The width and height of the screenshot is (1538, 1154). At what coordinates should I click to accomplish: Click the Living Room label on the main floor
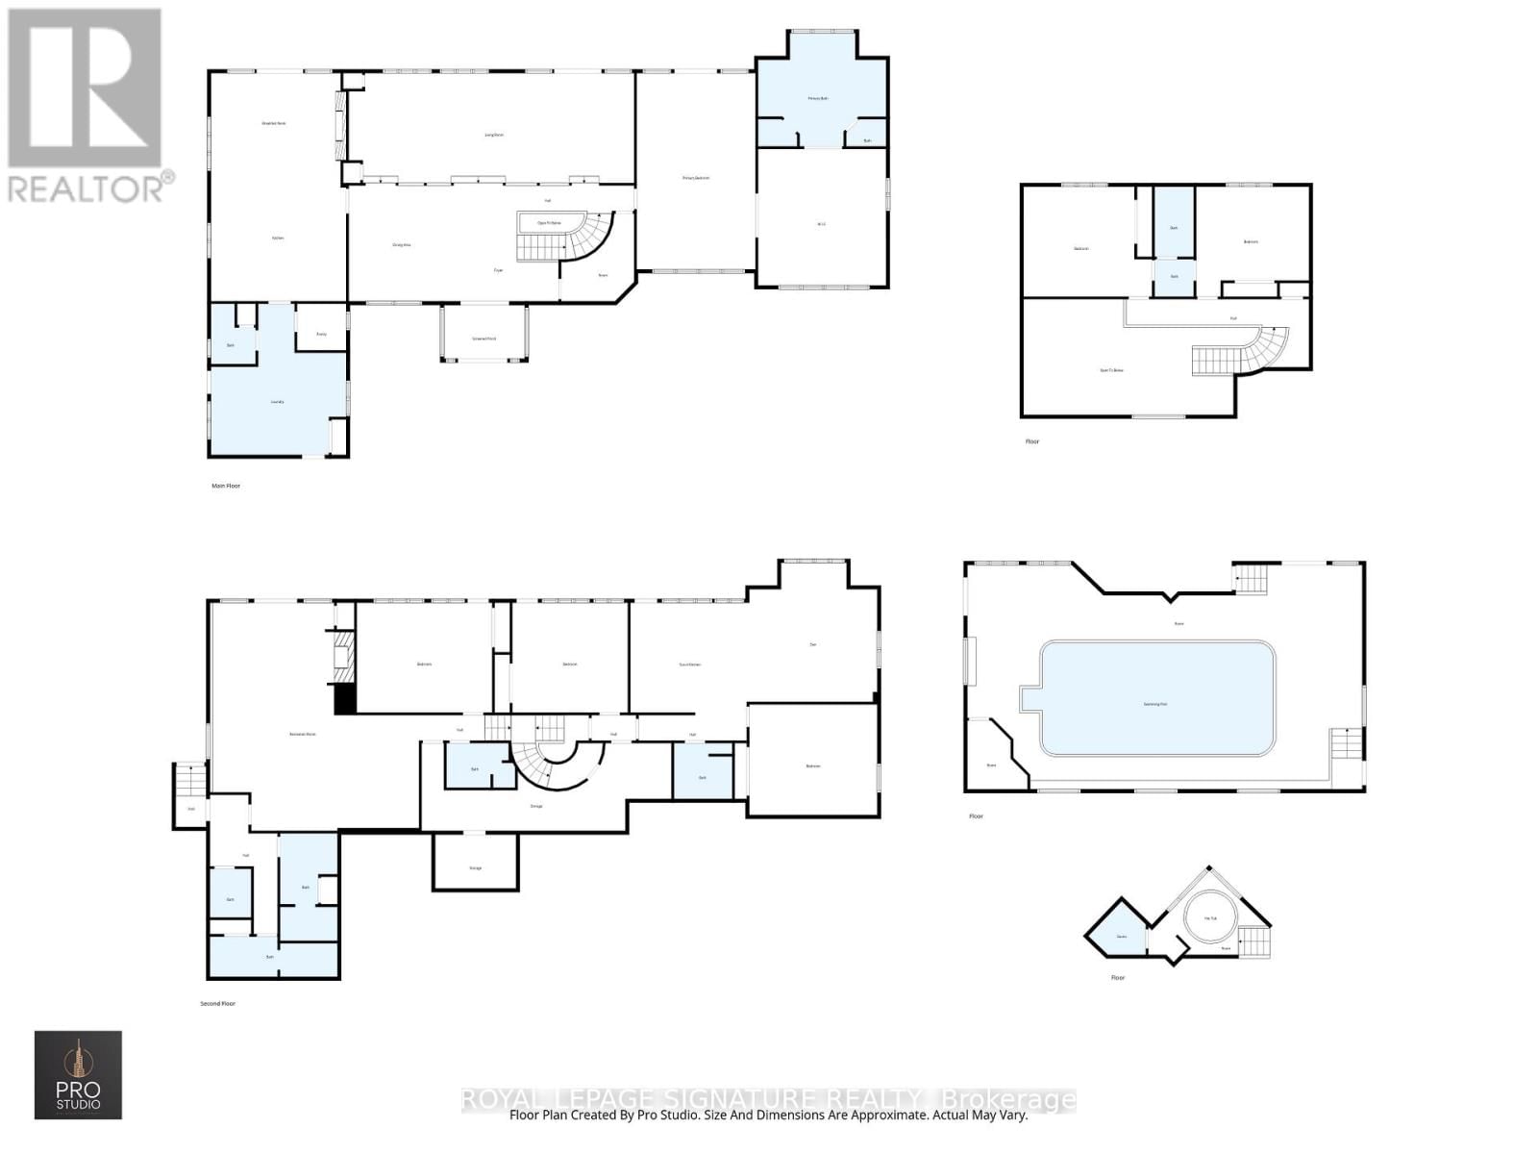pyautogui.click(x=494, y=135)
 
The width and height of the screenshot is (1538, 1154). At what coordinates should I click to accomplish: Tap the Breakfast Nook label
pyautogui.click(x=275, y=123)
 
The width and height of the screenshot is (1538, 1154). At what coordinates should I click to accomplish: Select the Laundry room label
pyautogui.click(x=278, y=402)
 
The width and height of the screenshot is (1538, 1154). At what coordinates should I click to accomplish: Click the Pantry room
pyautogui.click(x=322, y=333)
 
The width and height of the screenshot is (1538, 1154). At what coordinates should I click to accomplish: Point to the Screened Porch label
pyautogui.click(x=484, y=339)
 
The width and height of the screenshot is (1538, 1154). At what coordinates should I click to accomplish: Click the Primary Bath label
pyautogui.click(x=818, y=98)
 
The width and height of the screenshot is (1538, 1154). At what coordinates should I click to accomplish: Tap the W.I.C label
pyautogui.click(x=822, y=224)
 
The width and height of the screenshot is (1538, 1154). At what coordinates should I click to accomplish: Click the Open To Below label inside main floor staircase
pyautogui.click(x=549, y=222)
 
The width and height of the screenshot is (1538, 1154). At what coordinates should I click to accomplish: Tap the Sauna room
pyautogui.click(x=1121, y=936)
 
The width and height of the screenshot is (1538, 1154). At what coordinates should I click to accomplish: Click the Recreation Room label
pyautogui.click(x=303, y=734)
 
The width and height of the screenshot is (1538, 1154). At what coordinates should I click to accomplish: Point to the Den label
pyautogui.click(x=813, y=644)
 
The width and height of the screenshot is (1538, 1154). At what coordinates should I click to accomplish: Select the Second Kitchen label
pyautogui.click(x=690, y=665)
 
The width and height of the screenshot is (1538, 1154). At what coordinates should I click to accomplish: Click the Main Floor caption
pyautogui.click(x=226, y=486)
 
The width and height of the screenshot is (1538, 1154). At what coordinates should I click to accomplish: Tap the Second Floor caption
pyautogui.click(x=217, y=1003)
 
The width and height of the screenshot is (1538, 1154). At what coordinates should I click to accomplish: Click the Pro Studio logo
pyautogui.click(x=79, y=1074)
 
